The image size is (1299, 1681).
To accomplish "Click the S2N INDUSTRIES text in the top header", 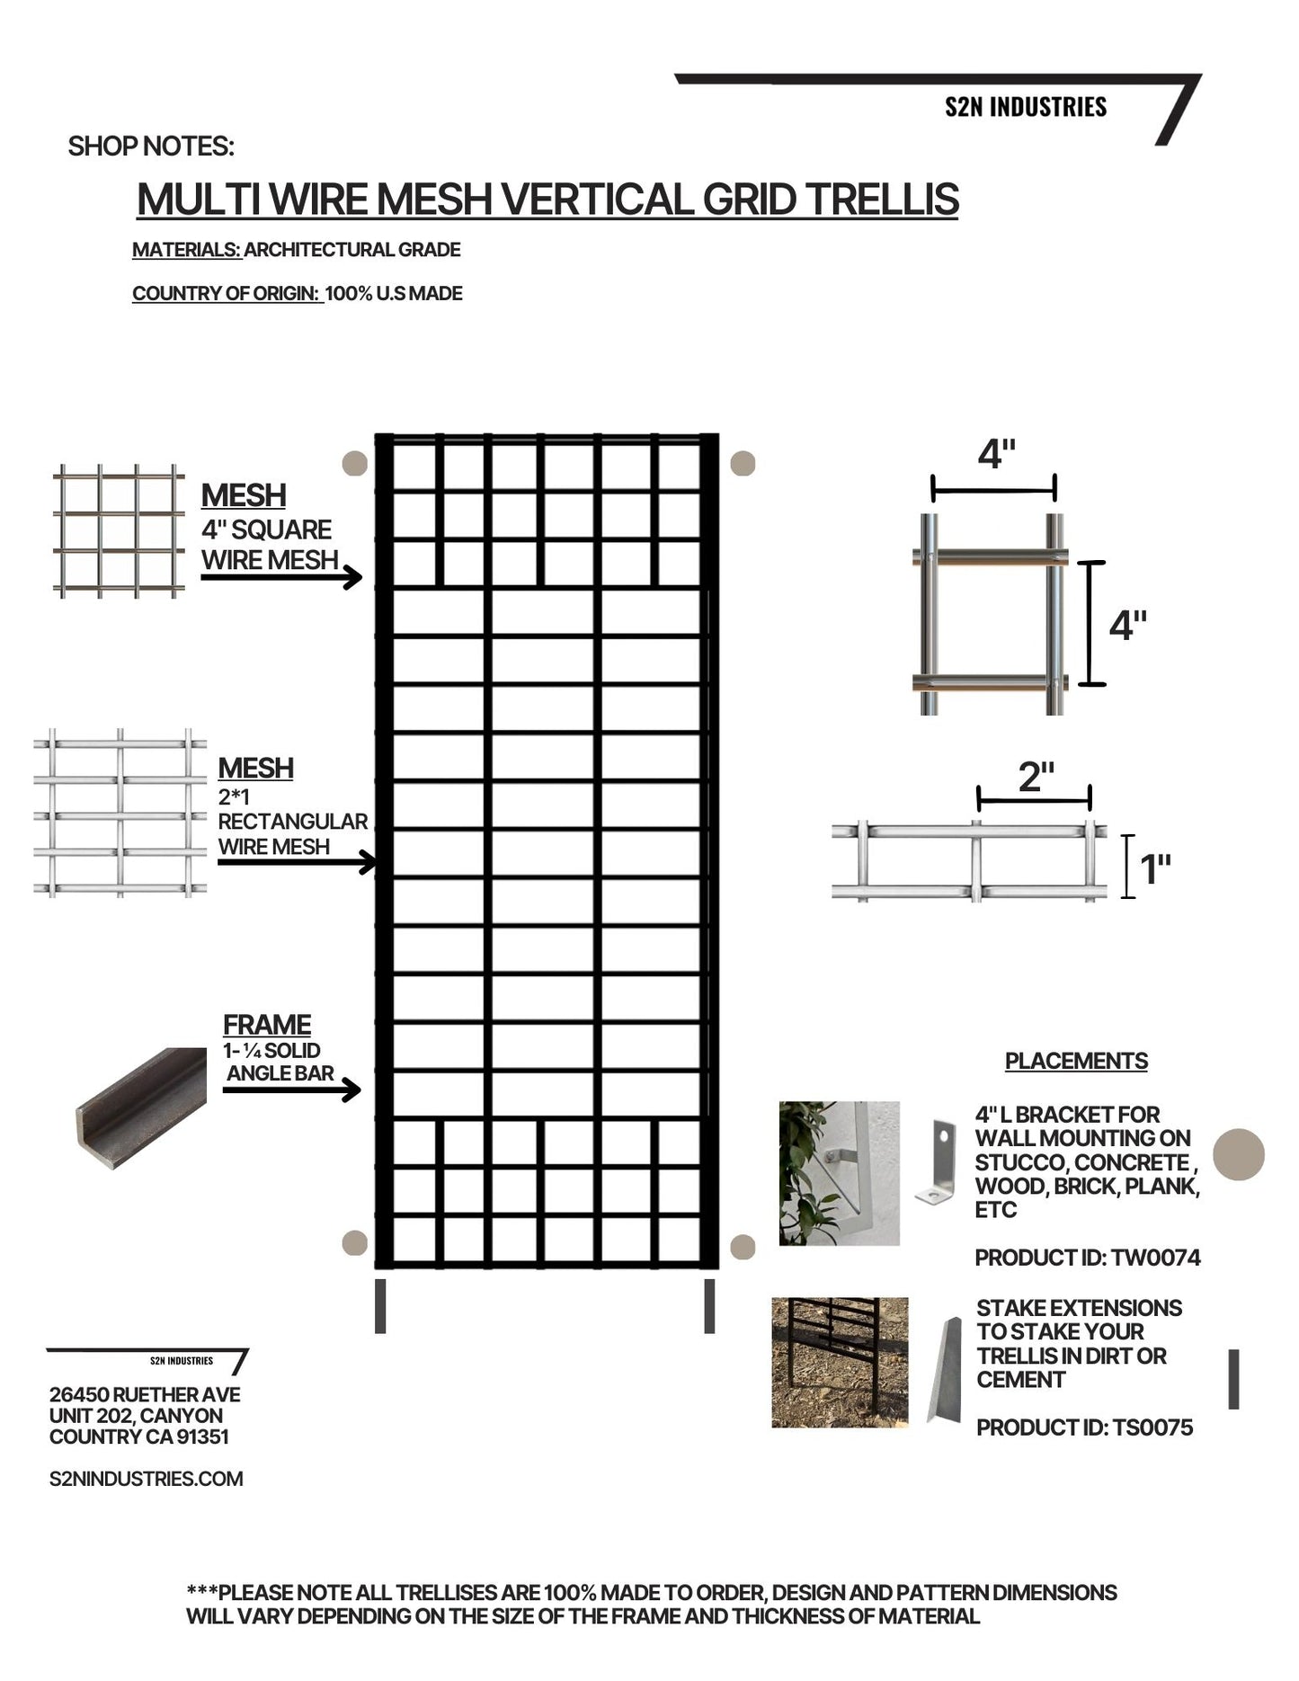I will pos(1025,108).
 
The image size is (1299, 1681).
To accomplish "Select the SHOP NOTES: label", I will pos(151,147).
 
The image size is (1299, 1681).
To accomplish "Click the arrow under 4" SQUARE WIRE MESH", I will pos(280,578).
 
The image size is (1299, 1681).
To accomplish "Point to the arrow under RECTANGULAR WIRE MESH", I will pos(297,863).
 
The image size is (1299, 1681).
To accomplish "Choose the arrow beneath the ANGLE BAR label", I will pos(291,1090).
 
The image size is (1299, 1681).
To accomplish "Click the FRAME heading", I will pos(267,1025).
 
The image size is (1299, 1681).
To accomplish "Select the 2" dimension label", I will pos(1036,778).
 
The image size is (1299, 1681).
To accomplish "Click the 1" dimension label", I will pos(1155,869).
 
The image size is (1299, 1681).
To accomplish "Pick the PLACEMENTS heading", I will pos(1076,1061).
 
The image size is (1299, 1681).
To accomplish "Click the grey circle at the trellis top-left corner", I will pos(356,464).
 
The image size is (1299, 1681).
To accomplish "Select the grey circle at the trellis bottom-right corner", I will pos(743,1247).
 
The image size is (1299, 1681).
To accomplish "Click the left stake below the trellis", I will pos(380,1305).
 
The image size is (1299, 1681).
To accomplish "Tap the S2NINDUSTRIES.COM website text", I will pos(147,1479).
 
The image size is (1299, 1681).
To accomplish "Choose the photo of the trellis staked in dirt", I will pos(840,1362).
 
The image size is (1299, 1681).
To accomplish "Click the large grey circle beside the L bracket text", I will pos(1239,1154).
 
